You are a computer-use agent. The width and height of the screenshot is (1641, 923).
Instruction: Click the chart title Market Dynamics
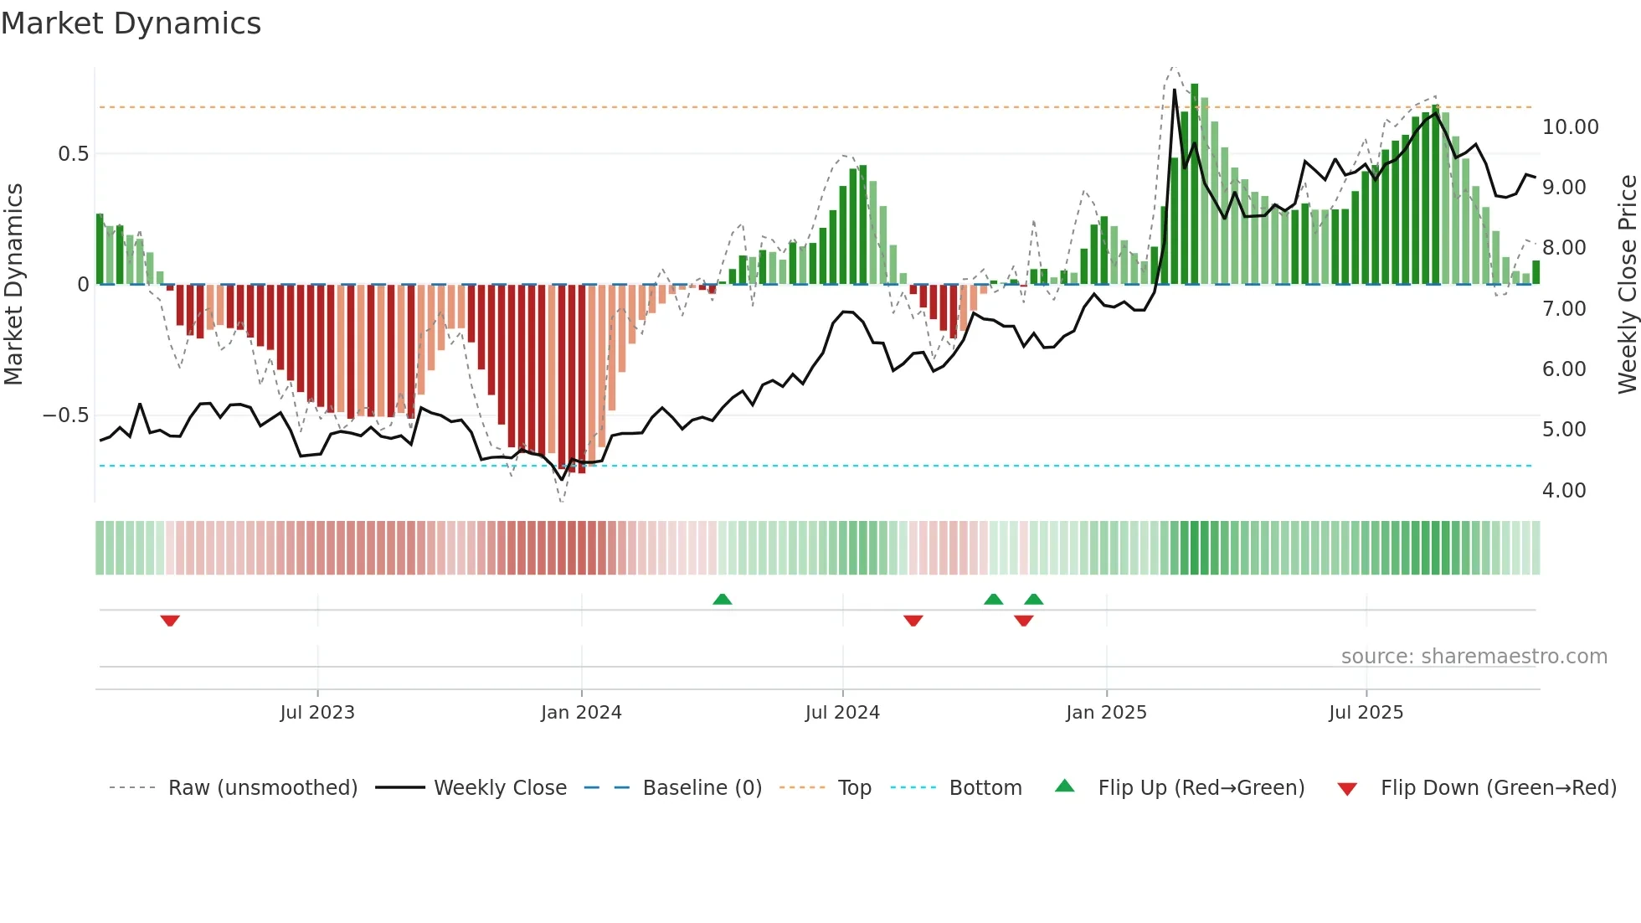pos(131,23)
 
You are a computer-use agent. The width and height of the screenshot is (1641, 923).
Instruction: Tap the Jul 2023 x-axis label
pos(317,713)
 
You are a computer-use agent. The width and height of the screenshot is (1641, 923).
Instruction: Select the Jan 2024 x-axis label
pos(581,713)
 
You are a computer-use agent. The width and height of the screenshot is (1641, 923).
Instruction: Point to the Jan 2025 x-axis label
pos(1106,713)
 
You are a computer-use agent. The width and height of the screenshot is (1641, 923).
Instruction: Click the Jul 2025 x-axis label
pos(1366,713)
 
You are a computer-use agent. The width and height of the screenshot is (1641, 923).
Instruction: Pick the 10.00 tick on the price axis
pos(1570,127)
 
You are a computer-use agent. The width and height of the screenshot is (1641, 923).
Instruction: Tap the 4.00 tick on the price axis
pos(1564,490)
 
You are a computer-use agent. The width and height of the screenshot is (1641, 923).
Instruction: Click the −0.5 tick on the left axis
pos(65,415)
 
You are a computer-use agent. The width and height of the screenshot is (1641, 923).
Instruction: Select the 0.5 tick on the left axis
pos(73,154)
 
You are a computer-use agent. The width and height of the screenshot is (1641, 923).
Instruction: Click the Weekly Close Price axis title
pos(1627,285)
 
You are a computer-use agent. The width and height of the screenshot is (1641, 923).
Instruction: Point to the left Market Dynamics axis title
pos(13,285)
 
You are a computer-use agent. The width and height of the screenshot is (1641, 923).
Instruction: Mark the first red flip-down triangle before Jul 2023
pos(170,621)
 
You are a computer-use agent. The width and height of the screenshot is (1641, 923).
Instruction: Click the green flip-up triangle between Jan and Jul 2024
pos(722,599)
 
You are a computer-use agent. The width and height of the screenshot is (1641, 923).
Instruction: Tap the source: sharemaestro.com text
pos(1474,657)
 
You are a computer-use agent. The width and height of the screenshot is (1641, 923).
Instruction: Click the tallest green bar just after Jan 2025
pos(1195,184)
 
